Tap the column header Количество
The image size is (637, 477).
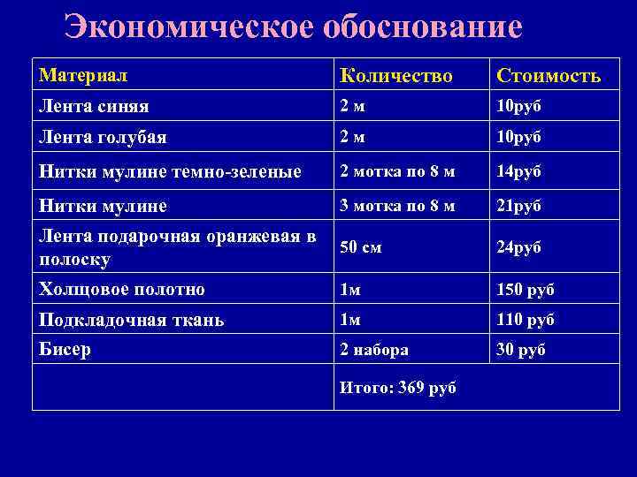[396, 76]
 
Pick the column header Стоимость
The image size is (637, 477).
[549, 76]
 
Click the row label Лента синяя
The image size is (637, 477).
[94, 106]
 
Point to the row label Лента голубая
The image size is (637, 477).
[104, 137]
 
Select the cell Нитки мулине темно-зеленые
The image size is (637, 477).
[171, 170]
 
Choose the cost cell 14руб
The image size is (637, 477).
[518, 170]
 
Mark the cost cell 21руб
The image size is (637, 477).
[518, 206]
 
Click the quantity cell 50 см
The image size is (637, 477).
[360, 247]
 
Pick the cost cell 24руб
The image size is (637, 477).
[518, 247]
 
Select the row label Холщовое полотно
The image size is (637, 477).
[122, 289]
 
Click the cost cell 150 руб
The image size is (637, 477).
[525, 290]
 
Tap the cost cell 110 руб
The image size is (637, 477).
[525, 320]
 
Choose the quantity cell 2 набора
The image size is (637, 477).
[374, 350]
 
